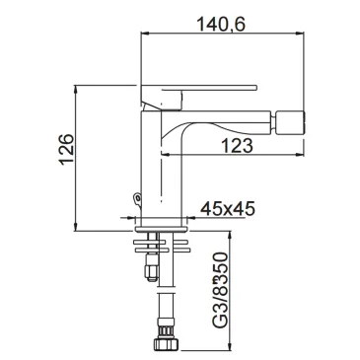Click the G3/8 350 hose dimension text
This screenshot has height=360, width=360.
pyautogui.click(x=218, y=292)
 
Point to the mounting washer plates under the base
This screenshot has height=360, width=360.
pyautogui.click(x=162, y=241)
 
